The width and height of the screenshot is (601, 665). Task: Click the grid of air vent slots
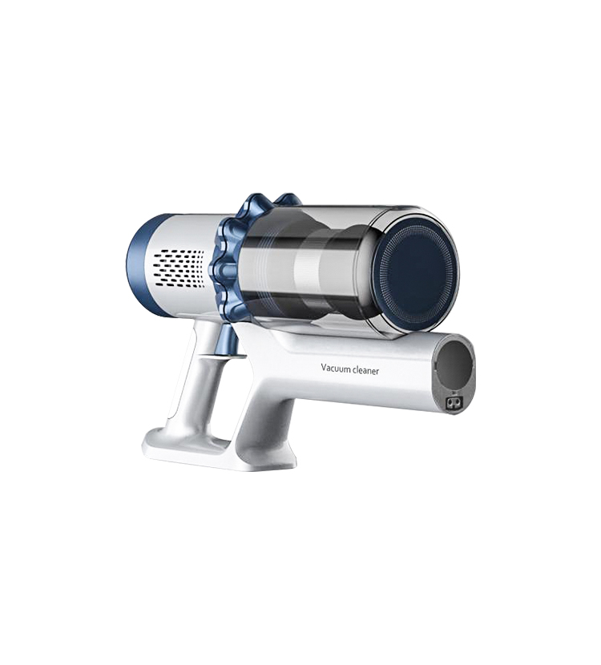click(178, 268)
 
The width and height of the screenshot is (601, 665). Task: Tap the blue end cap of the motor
click(135, 264)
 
